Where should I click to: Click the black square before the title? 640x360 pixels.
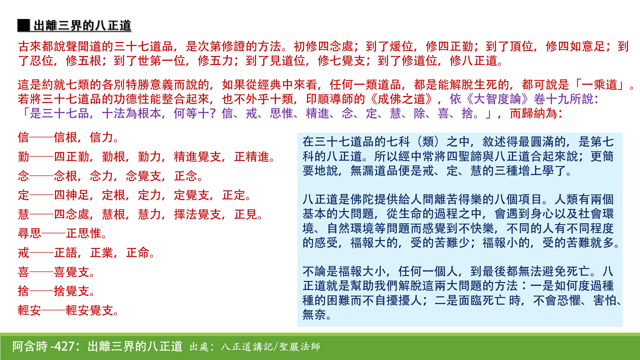(x=23, y=25)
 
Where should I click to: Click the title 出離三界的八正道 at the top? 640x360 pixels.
(x=82, y=25)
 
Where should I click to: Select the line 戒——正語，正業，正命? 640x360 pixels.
(x=86, y=253)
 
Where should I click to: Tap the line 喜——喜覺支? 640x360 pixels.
(x=56, y=272)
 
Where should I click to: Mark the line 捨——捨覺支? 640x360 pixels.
(x=56, y=291)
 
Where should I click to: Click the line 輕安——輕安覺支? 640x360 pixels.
(x=68, y=310)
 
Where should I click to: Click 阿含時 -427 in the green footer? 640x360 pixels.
(x=44, y=346)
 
